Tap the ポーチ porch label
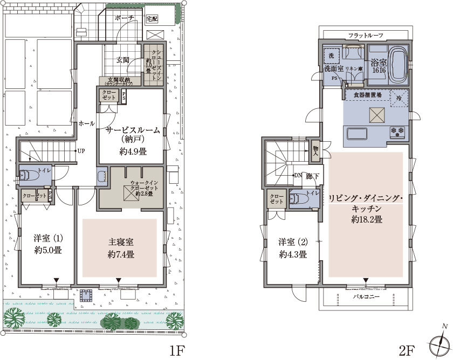tap(124, 18)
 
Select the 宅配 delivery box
tap(153, 18)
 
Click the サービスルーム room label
tap(132, 130)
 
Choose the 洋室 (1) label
tap(48, 238)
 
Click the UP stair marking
tap(81, 150)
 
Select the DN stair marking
tap(298, 175)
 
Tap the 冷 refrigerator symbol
tap(399, 98)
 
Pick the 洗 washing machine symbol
tap(331, 56)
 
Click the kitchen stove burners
tap(398, 131)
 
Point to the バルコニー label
tap(366, 297)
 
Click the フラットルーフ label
tap(366, 35)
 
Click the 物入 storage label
tap(314, 151)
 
